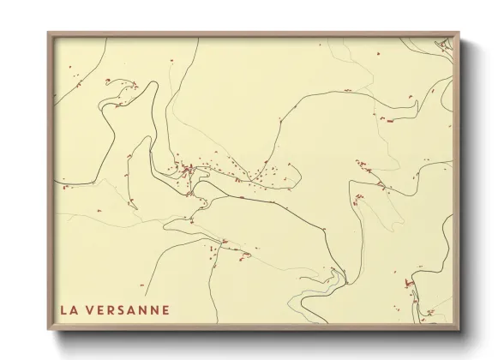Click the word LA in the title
pos(69,310)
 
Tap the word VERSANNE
pos(129,310)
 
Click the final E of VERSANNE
pos(165,310)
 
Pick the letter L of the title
pos(63,310)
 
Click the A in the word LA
pos(74,310)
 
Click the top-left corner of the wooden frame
pos(48,33)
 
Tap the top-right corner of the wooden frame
pos(459,33)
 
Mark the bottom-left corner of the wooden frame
pos(48,330)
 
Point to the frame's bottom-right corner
pos(459,330)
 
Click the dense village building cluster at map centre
pos(183,169)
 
